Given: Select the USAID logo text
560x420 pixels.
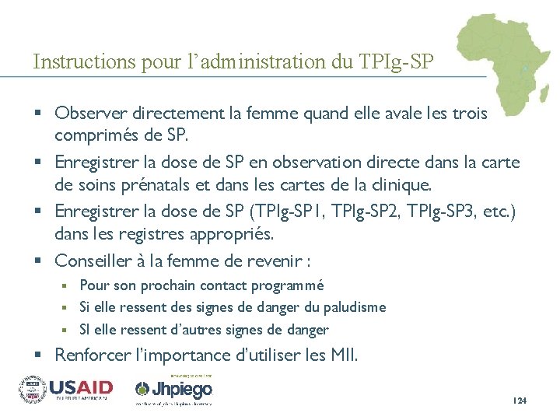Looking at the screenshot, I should coord(82,387).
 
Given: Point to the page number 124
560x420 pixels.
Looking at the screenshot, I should coord(520,401).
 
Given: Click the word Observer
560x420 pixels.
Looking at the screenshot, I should coord(86,114).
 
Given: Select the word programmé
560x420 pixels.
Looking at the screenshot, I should coord(286,286).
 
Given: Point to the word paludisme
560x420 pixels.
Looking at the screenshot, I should coord(354,307).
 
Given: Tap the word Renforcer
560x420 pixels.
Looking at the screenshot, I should coord(91,356).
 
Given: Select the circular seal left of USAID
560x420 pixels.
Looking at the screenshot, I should coord(33,387).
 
